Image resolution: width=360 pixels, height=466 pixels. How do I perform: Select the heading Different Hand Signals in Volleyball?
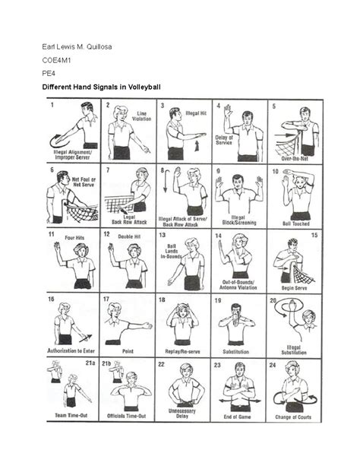tap(100, 87)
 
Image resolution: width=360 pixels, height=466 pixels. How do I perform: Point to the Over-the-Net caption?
tap(295, 158)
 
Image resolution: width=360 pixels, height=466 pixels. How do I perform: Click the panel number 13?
tap(163, 236)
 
